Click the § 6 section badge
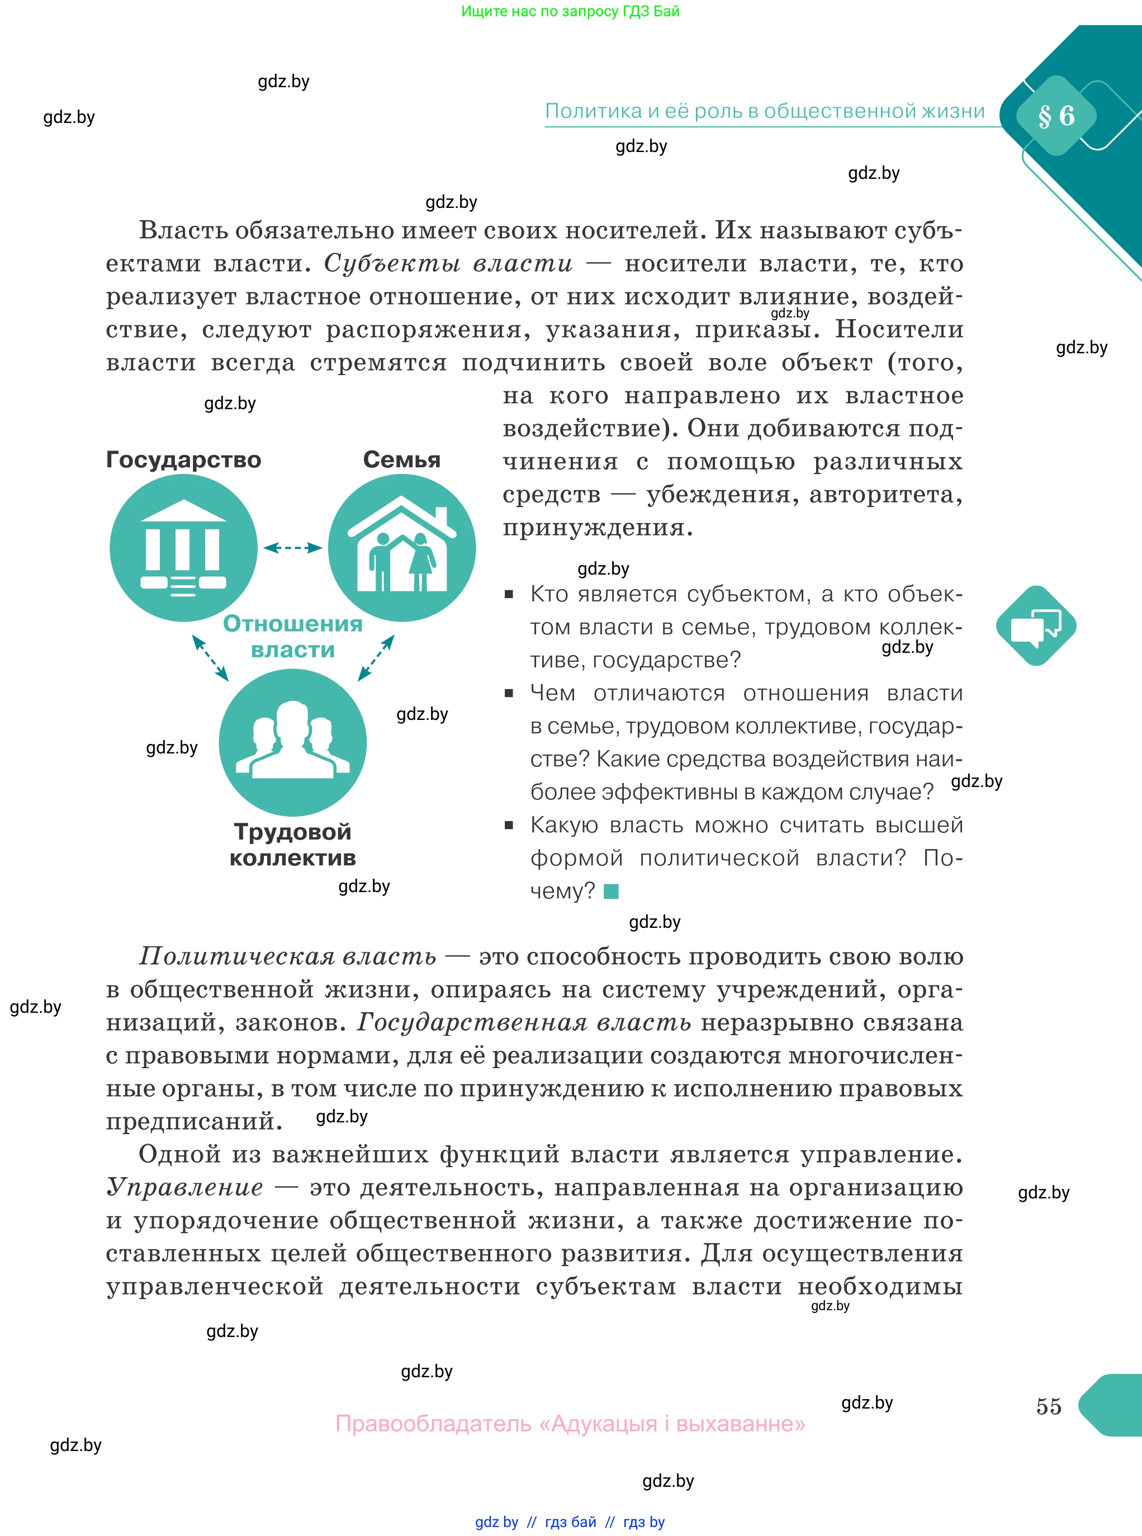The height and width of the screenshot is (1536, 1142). pyautogui.click(x=1055, y=116)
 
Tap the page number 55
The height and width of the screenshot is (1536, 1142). pyautogui.click(x=1048, y=1405)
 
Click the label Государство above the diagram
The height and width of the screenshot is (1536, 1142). pyautogui.click(x=183, y=459)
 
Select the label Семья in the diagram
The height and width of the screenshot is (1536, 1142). pyautogui.click(x=402, y=459)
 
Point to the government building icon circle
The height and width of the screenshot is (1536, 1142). pyautogui.click(x=183, y=547)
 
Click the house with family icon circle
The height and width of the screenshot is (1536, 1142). pyautogui.click(x=402, y=547)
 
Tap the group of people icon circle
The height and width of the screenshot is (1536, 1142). pyautogui.click(x=292, y=742)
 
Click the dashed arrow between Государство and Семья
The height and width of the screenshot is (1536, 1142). pyautogui.click(x=292, y=547)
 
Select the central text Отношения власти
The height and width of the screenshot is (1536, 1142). pyautogui.click(x=292, y=636)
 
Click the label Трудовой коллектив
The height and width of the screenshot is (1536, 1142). pyautogui.click(x=292, y=844)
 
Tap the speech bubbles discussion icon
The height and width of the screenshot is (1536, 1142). pyautogui.click(x=1036, y=625)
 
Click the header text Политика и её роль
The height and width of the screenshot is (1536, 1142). pyautogui.click(x=765, y=111)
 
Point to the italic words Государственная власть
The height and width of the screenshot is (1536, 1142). pyautogui.click(x=523, y=1022)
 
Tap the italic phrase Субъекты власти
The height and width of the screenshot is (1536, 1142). pyautogui.click(x=448, y=263)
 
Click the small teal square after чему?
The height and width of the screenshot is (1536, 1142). pyautogui.click(x=611, y=892)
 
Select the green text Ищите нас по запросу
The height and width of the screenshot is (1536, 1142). pyautogui.click(x=570, y=11)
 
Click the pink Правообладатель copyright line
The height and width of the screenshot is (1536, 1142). pyautogui.click(x=570, y=1423)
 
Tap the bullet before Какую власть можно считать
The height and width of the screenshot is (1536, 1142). pyautogui.click(x=509, y=824)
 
